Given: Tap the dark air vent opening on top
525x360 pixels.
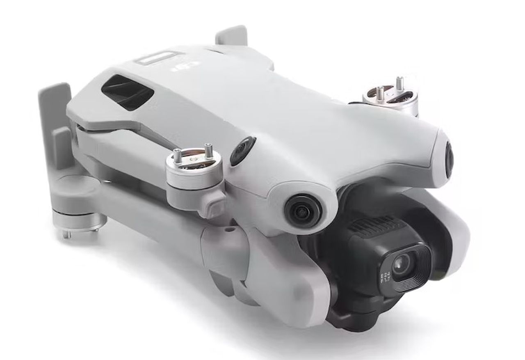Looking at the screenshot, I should pos(127,92).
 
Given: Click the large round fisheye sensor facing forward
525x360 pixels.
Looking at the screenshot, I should pos(303,210).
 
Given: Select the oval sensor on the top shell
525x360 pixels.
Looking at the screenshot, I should pos(243,151).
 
